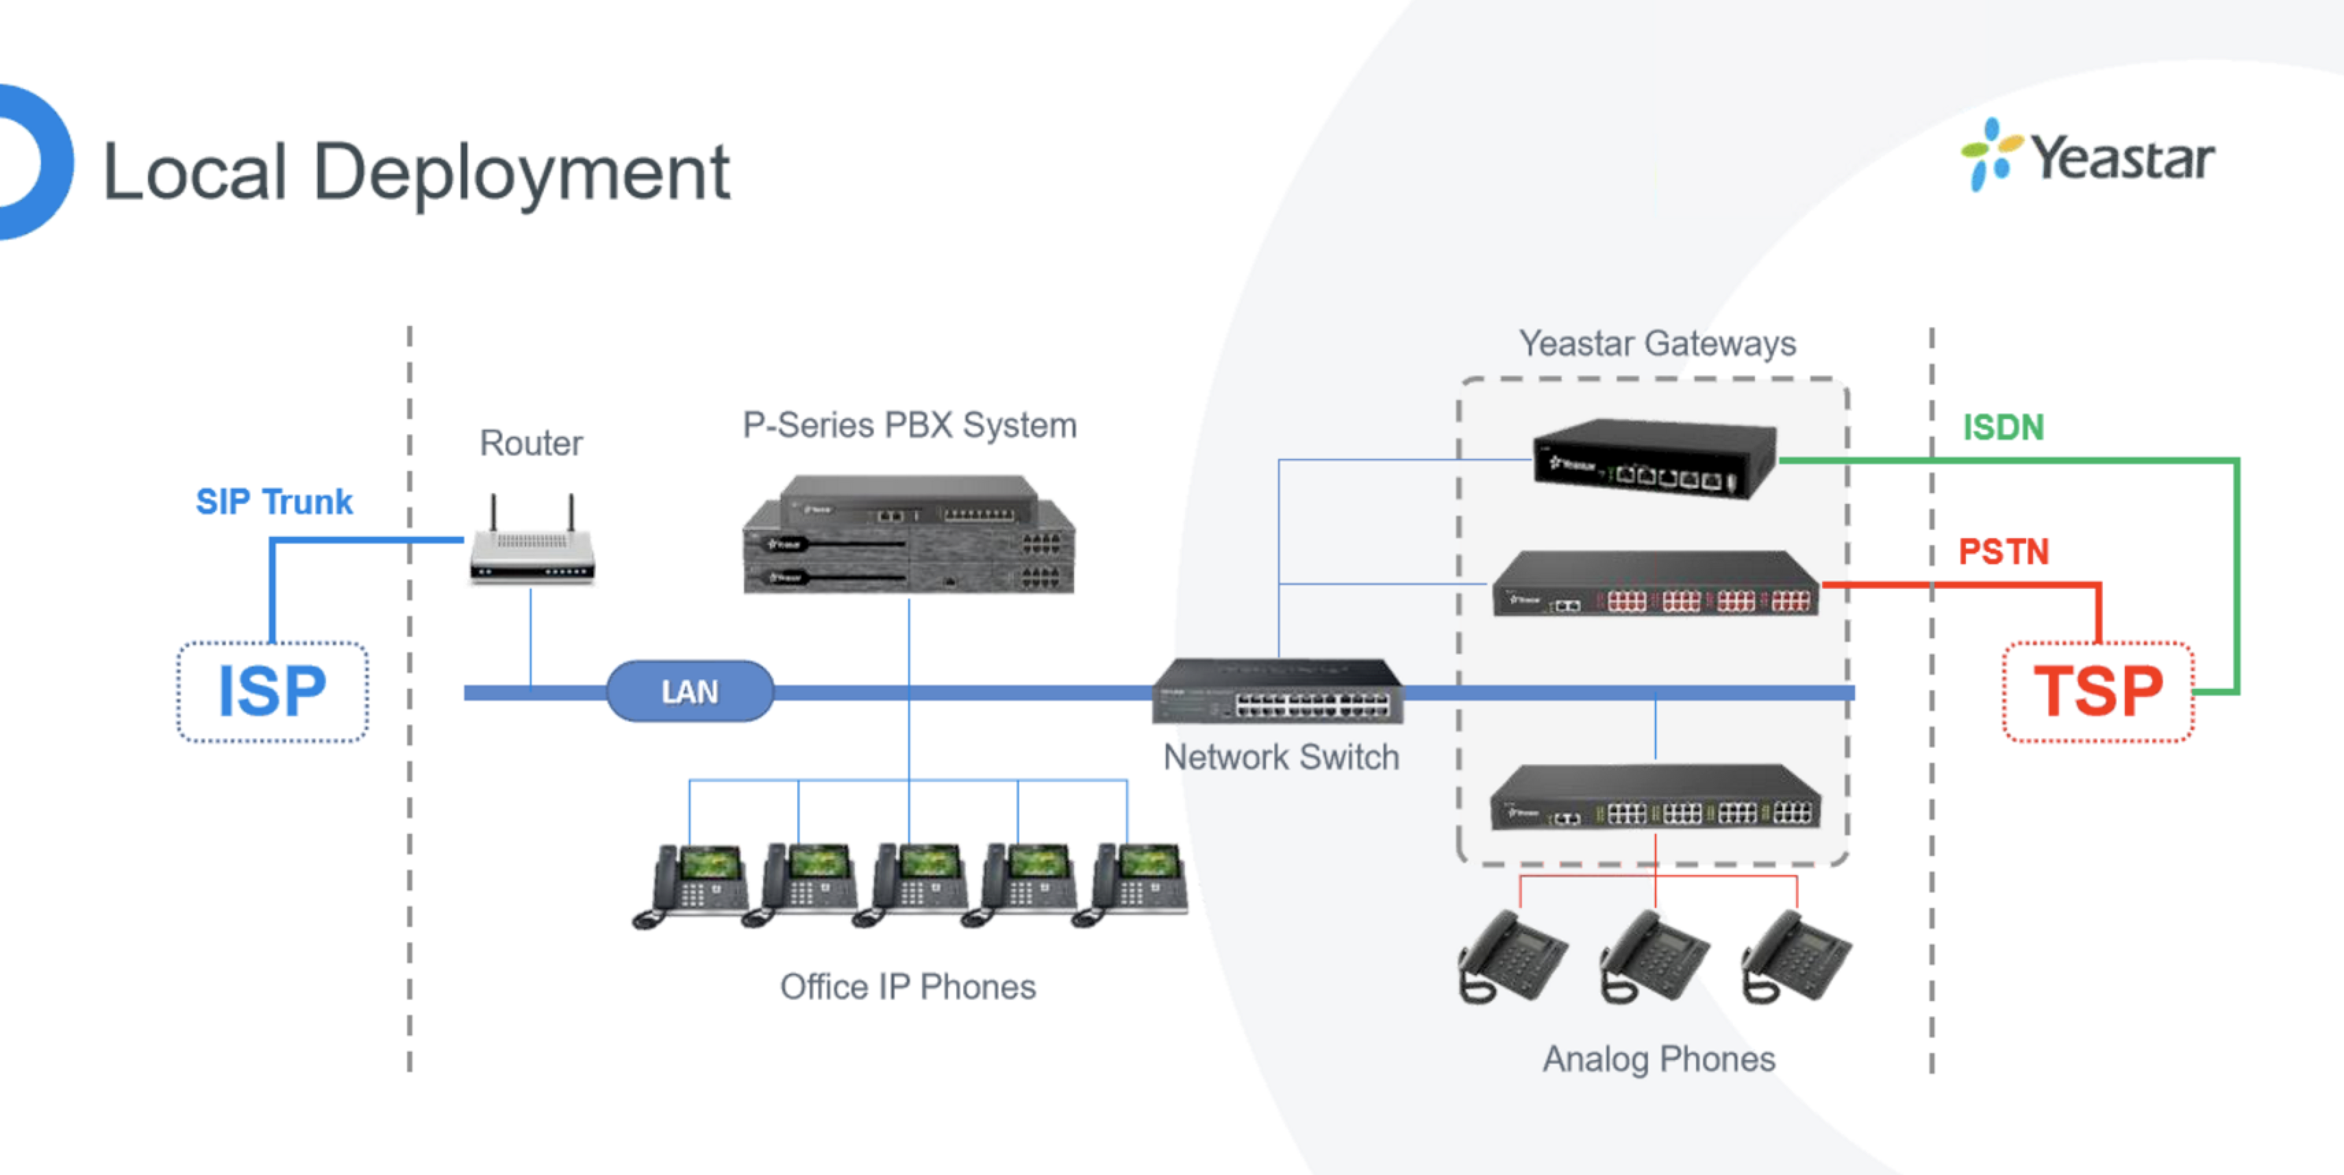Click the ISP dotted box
pyautogui.click(x=272, y=691)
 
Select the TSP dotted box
pyautogui.click(x=2098, y=691)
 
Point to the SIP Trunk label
pyautogui.click(x=274, y=501)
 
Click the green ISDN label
pyautogui.click(x=2003, y=427)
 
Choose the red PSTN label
pyautogui.click(x=2003, y=551)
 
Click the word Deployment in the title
pyautogui.click(x=521, y=173)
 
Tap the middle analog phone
pyautogui.click(x=1654, y=958)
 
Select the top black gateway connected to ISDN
pyautogui.click(x=1654, y=457)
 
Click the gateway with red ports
pyautogui.click(x=1655, y=585)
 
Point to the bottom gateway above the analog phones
pyautogui.click(x=1655, y=798)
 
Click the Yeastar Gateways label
pyautogui.click(x=1657, y=344)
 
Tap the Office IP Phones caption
pyautogui.click(x=907, y=987)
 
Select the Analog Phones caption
pyautogui.click(x=1658, y=1059)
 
